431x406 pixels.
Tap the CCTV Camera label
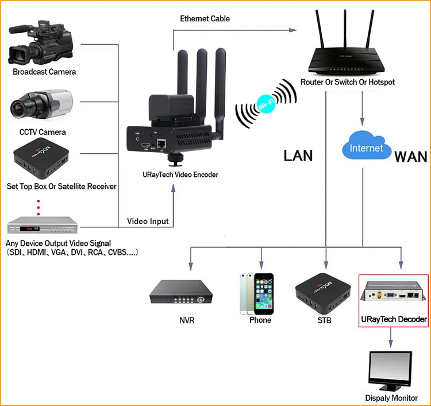coord(43,132)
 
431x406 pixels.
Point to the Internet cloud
coord(366,148)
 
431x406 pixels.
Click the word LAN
coord(298,155)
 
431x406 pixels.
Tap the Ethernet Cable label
coord(205,19)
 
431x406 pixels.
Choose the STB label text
coord(325,320)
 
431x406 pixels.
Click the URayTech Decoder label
coord(394,319)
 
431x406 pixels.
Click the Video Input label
coord(148,222)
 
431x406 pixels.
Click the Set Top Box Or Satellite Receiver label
coord(61,187)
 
